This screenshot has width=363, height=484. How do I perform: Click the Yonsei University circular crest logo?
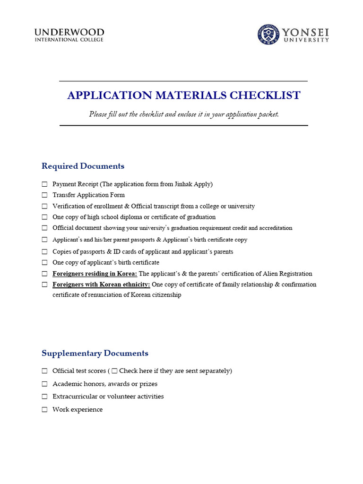(x=268, y=35)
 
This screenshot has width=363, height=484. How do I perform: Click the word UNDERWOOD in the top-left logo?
(x=69, y=32)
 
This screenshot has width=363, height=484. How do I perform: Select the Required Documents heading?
(x=83, y=166)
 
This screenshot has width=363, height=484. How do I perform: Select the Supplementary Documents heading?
(x=95, y=353)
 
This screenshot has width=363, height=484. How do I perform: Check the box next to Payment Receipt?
(x=44, y=184)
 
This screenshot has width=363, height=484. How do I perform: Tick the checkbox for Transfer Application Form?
(x=44, y=195)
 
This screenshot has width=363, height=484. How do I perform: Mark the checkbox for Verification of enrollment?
(x=44, y=207)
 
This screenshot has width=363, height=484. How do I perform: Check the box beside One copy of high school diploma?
(x=44, y=217)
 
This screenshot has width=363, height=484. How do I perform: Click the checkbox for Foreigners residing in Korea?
(x=44, y=274)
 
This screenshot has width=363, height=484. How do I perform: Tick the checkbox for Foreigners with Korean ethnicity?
(x=44, y=285)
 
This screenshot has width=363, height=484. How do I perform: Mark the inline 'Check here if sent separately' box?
(x=114, y=371)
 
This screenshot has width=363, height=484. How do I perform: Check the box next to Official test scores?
(x=44, y=371)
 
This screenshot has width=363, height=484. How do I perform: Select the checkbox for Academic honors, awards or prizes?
(x=44, y=384)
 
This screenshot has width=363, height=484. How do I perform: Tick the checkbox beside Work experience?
(x=44, y=410)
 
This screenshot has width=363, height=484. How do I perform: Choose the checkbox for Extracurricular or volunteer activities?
(x=44, y=397)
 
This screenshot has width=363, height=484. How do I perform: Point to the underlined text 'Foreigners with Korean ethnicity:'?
(x=101, y=285)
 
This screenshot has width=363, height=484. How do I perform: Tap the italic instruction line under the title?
(x=184, y=114)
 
